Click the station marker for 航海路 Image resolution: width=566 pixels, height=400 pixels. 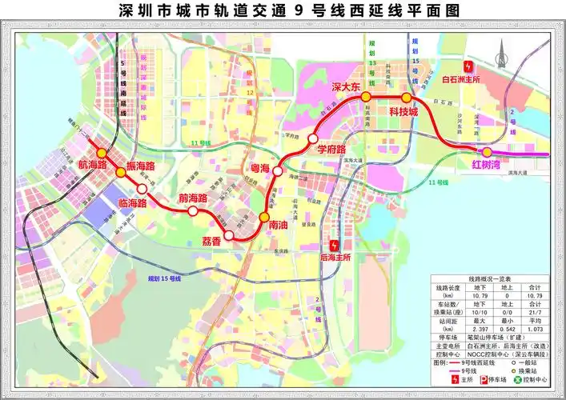pyautogui.click(x=101, y=153)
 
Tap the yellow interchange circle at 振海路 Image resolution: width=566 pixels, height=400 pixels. pyautogui.click(x=120, y=171)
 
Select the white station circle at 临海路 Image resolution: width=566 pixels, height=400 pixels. pyautogui.click(x=142, y=189)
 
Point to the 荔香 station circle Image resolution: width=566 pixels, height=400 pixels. pyautogui.click(x=230, y=235)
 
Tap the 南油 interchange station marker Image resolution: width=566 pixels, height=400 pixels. pyautogui.click(x=264, y=217)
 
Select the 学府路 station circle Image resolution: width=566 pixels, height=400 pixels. pyautogui.click(x=313, y=138)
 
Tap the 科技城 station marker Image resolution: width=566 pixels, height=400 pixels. pyautogui.click(x=406, y=98)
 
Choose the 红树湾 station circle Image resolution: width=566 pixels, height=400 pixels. pyautogui.click(x=487, y=152)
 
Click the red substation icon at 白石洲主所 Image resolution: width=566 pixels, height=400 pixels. pyautogui.click(x=471, y=68)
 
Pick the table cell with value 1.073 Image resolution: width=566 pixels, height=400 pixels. pyautogui.click(x=535, y=329)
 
